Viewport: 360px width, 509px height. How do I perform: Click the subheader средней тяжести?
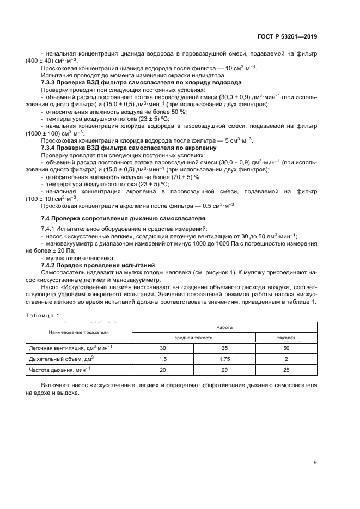pos(193,338)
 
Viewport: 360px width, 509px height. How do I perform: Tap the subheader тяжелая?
pos(286,338)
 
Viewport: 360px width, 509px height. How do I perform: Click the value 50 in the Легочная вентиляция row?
pos(286,347)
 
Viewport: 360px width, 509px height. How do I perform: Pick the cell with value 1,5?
pos(162,359)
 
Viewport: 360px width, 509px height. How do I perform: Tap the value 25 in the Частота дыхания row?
pos(286,371)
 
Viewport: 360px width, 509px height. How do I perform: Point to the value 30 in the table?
pos(162,347)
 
